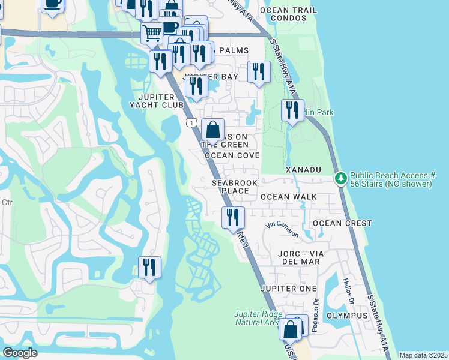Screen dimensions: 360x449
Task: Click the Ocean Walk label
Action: (x=288, y=197)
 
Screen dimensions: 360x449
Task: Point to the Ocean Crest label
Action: (x=342, y=223)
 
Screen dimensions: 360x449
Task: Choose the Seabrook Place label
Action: (x=231, y=186)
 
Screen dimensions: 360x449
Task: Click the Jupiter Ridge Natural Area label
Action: (x=257, y=318)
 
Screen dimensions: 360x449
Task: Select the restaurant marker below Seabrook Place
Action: (x=232, y=217)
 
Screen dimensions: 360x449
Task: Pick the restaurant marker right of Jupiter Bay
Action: (x=259, y=72)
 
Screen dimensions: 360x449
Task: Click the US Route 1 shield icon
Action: (x=191, y=122)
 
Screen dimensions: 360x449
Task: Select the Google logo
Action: (x=20, y=353)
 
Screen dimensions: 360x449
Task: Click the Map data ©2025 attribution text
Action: (x=423, y=355)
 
